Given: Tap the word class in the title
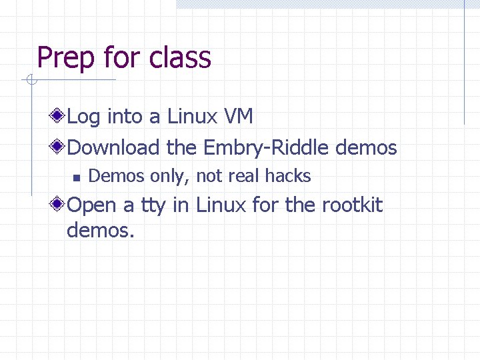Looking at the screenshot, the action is (x=180, y=57).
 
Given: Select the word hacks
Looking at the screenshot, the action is (x=288, y=176).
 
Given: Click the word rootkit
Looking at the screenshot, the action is (x=352, y=205).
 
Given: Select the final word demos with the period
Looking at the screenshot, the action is (x=101, y=231).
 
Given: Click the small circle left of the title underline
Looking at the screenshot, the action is (x=29, y=81).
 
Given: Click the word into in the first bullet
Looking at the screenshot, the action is (x=125, y=117).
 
